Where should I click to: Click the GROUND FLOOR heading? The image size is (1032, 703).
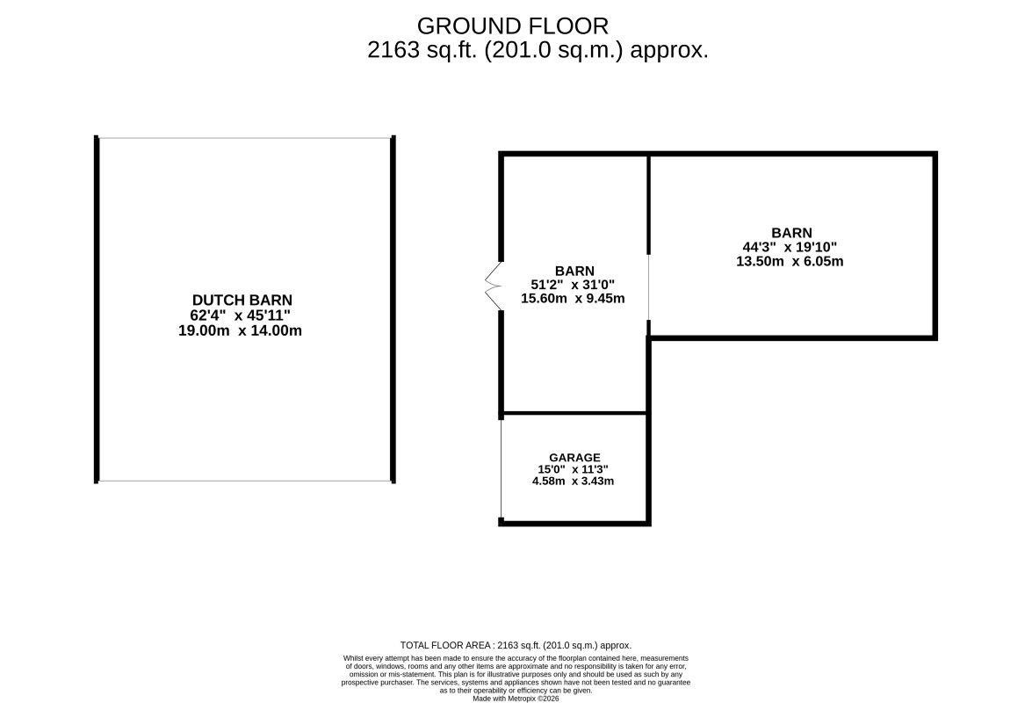(x=513, y=26)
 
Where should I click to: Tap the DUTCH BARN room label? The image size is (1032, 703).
(x=242, y=301)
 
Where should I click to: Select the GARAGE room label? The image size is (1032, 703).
(x=574, y=458)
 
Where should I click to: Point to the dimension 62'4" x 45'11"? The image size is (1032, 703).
(x=241, y=315)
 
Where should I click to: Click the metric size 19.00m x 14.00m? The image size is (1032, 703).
(x=241, y=330)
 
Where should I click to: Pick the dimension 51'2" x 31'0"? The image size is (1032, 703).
(x=573, y=285)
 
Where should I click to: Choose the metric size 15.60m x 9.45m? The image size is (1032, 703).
(x=573, y=298)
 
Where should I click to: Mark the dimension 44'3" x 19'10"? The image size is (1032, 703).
(x=790, y=247)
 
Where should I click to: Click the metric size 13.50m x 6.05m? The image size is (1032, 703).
(x=790, y=261)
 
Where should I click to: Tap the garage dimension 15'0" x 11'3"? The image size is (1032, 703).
(x=573, y=469)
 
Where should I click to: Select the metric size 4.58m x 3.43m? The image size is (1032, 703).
(x=573, y=482)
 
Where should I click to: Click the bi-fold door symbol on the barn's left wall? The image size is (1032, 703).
(x=493, y=285)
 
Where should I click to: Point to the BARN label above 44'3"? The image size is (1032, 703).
(x=791, y=233)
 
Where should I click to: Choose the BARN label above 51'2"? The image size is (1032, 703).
(x=574, y=271)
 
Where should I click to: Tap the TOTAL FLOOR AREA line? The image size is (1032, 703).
(x=516, y=646)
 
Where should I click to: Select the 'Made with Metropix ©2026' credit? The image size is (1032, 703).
(x=516, y=699)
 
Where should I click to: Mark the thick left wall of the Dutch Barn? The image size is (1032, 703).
(x=97, y=309)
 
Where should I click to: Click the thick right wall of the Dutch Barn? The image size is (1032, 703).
(x=393, y=309)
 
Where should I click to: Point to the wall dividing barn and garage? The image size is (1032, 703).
(x=574, y=413)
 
